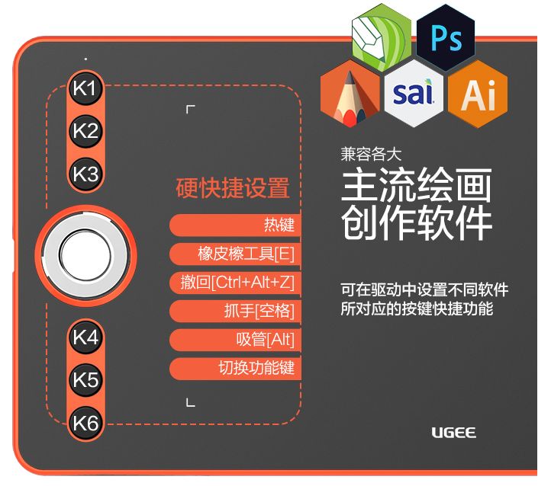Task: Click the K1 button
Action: click(x=86, y=88)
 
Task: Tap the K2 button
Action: click(x=86, y=131)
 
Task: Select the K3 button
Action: click(x=86, y=174)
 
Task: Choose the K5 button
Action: click(x=86, y=379)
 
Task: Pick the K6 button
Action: click(x=86, y=422)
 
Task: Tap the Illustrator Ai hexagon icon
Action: click(x=478, y=94)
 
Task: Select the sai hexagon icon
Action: click(x=414, y=94)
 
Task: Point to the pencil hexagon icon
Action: click(x=350, y=96)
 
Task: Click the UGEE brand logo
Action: click(x=453, y=433)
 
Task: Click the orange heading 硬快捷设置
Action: click(x=233, y=187)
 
